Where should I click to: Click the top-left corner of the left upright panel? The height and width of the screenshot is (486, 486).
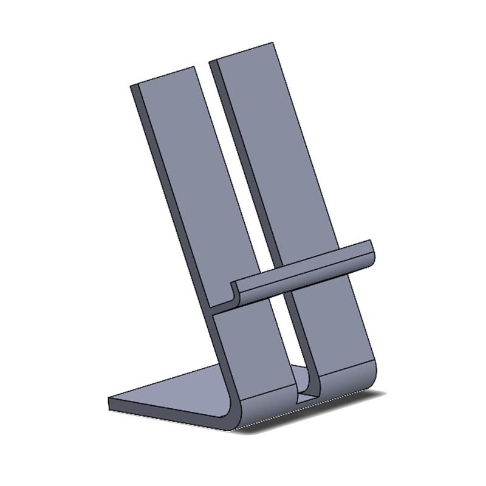pyautogui.click(x=132, y=86)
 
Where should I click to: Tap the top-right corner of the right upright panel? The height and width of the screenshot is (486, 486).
pyautogui.click(x=272, y=43)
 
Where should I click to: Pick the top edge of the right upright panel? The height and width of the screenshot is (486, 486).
pyautogui.click(x=242, y=52)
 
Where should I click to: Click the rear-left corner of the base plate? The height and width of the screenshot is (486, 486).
pyautogui.click(x=111, y=400)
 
